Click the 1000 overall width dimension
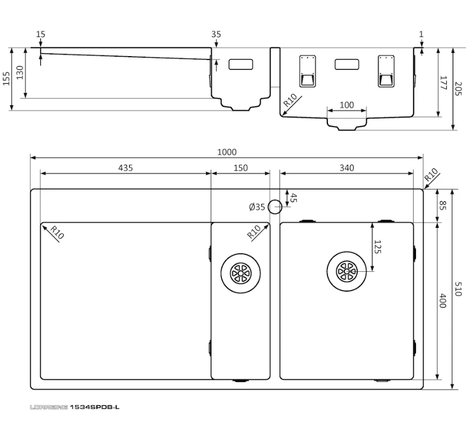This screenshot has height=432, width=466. pos(227,152)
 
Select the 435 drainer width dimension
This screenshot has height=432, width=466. pos(125,168)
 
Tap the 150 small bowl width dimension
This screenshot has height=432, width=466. pos(240,168)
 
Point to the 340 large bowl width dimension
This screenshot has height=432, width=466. pos(347,168)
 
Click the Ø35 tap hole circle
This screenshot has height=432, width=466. pos(275,200)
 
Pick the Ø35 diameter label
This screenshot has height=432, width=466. pos(257,207)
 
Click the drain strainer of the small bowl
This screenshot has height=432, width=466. pos(241,273)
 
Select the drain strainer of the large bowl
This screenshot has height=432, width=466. pos(347,271)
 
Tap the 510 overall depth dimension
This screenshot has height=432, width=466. pos(458,289)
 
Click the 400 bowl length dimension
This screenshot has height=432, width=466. pos(443,301)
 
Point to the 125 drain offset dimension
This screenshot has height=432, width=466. pos(377,247)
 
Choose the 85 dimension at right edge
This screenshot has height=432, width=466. pos(443,205)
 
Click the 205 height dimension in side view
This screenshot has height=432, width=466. pos(458,89)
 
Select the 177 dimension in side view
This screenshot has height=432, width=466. pos(443,83)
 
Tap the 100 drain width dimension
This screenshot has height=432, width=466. pos(347,105)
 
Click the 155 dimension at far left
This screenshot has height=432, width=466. pos(7,79)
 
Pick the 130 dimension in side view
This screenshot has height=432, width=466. pos(20,73)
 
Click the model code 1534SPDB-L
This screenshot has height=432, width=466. pos(95,407)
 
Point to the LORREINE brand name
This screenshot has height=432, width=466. pos(49,407)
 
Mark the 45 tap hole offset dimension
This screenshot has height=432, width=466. pos(293,198)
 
